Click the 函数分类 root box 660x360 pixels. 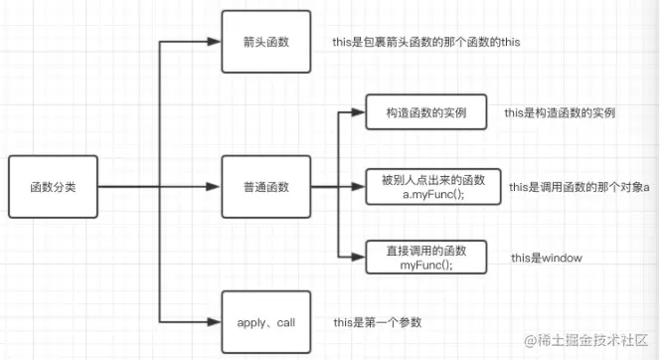53,187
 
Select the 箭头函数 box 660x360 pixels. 265,43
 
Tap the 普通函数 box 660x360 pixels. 265,187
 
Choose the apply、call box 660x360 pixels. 265,322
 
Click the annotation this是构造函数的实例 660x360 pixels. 560,112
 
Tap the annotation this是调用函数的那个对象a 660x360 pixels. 578,186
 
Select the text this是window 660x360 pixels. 546,258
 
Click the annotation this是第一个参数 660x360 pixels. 377,322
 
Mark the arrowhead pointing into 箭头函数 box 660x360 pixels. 214,43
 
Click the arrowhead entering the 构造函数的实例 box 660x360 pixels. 359,112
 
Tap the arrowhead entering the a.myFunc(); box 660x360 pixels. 359,186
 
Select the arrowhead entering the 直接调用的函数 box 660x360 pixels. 359,258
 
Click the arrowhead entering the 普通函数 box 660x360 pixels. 214,187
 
